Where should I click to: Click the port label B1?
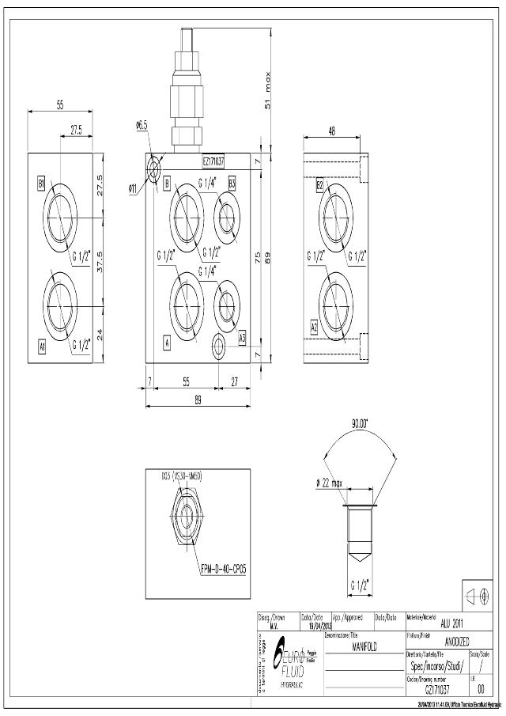click(x=41, y=184)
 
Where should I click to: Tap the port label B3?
click(x=232, y=183)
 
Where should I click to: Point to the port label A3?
click(x=243, y=336)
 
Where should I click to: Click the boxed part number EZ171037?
click(x=213, y=161)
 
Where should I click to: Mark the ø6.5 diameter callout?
click(x=142, y=125)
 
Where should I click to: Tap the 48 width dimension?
click(x=330, y=131)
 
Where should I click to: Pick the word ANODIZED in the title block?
click(x=457, y=642)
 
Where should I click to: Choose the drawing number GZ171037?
click(x=436, y=689)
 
